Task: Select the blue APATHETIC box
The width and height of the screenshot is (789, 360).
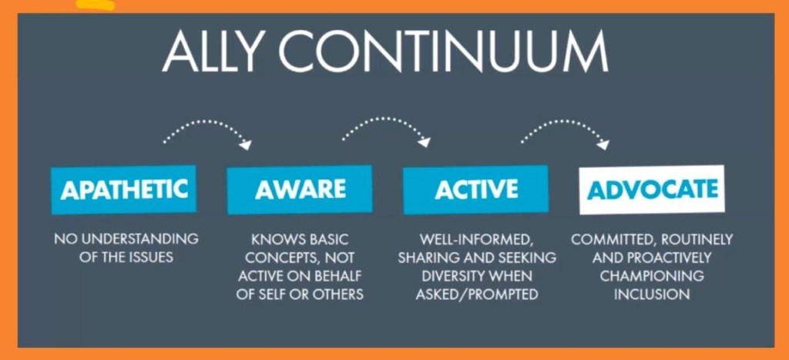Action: coord(124,190)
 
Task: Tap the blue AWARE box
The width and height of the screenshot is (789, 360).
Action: coord(300,190)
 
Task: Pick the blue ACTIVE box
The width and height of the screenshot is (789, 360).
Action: coord(476,190)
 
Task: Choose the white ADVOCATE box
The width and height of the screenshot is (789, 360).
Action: coord(652,190)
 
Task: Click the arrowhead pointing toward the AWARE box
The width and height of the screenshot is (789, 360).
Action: coord(246,144)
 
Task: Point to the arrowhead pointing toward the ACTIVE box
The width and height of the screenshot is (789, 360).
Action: coord(425,142)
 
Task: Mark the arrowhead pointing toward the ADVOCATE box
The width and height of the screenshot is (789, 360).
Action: coord(603,144)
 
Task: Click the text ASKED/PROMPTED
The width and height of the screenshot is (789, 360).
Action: coord(476,294)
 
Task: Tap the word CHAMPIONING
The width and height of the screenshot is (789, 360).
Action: coord(652,276)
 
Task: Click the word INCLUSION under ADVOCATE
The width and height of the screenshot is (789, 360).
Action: coord(652,294)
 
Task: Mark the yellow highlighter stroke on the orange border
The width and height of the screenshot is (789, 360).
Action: coord(96,5)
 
